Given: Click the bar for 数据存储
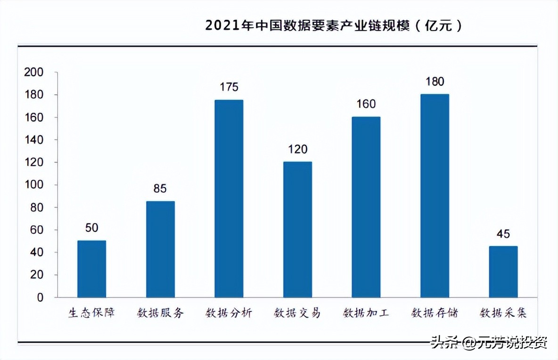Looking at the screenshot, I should (x=434, y=196).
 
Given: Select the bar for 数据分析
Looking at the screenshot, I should (x=229, y=198).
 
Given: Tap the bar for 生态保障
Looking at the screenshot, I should (x=92, y=269).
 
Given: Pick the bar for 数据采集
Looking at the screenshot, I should (x=503, y=271).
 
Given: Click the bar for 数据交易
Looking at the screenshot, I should (x=297, y=229).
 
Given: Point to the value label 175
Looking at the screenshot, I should (x=229, y=87).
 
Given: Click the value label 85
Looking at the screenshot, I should (x=160, y=188).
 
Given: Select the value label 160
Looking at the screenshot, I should (x=366, y=104).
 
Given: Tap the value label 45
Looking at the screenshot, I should (x=503, y=234).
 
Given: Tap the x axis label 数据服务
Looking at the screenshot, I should (x=160, y=313).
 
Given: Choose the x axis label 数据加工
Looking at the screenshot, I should (x=366, y=313).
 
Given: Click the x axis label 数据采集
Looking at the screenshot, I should (x=503, y=313).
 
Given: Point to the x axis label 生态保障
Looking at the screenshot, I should (x=92, y=313).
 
